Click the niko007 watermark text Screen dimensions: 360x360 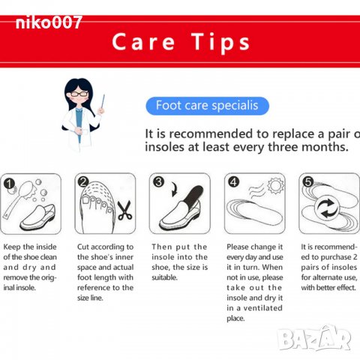pyautogui.click(x=49, y=22)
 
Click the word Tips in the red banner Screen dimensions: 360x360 pyautogui.click(x=220, y=42)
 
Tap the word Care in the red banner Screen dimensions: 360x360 pyautogui.click(x=143, y=42)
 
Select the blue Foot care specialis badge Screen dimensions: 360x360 pyautogui.click(x=207, y=106)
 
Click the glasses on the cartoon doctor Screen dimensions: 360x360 pyautogui.click(x=79, y=94)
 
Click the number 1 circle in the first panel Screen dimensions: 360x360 pyautogui.click(x=9, y=184)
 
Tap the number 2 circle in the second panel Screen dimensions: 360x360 pyautogui.click(x=83, y=182)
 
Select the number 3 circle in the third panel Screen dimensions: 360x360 pyautogui.click(x=158, y=181)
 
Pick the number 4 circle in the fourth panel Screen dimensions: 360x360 pyautogui.click(x=233, y=182)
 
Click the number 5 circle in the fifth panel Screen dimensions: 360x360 pyautogui.click(x=308, y=181)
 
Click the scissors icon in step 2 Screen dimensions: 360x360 pyautogui.click(x=124, y=210)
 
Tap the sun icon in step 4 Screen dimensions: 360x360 pyautogui.click(x=275, y=186)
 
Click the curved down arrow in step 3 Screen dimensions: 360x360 pyautogui.click(x=175, y=189)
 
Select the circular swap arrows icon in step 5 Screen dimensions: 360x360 pyautogui.click(x=328, y=208)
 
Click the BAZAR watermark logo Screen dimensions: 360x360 pyautogui.click(x=314, y=338)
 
